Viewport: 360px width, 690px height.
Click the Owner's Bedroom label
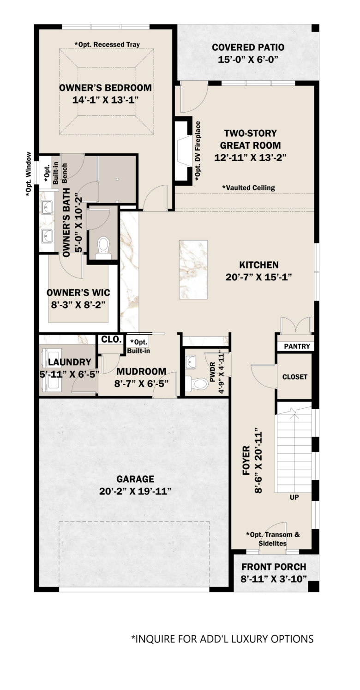coord(105,88)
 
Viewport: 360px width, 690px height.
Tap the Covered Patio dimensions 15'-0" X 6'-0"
coord(248,60)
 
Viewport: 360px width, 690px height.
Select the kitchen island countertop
coord(193,270)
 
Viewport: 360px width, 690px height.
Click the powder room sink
coord(191,361)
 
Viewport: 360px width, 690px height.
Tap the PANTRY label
coord(297,346)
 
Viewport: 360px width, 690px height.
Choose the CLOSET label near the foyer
coord(295,377)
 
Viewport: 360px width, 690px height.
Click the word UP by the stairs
coord(294,497)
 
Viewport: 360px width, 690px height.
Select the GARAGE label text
coord(135,479)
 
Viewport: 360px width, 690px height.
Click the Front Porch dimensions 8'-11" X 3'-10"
coord(274,579)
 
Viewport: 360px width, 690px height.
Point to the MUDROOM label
coord(141,371)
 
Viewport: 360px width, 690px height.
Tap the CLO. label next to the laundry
coord(111,339)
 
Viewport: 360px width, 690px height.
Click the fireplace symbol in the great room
coord(184,151)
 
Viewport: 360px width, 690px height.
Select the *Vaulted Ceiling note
coord(248,188)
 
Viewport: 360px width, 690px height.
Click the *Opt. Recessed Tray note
coord(107,44)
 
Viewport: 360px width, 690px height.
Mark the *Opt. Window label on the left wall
coord(29,174)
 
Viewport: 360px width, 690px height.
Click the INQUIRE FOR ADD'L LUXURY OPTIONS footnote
coord(222,639)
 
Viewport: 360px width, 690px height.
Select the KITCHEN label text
coord(258,265)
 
